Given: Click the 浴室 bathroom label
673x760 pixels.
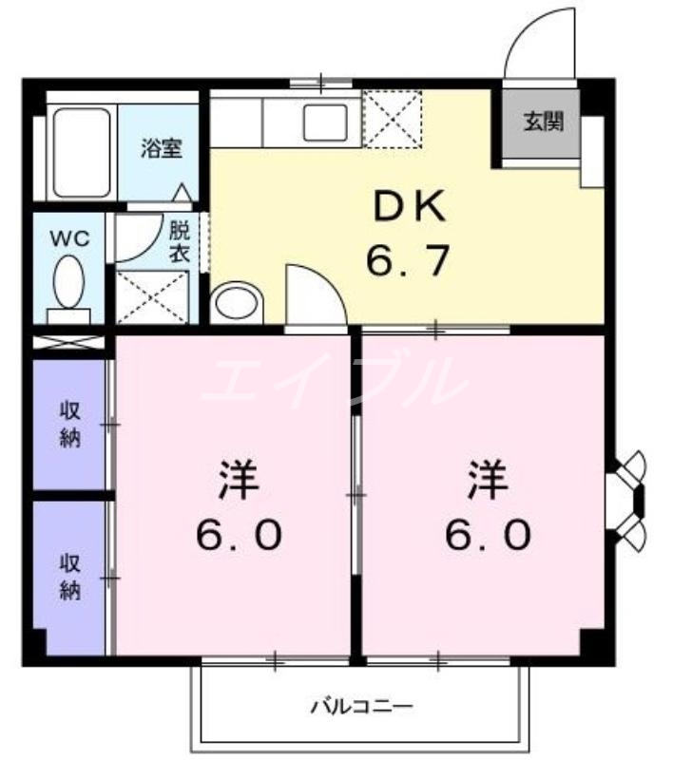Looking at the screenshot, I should pyautogui.click(x=162, y=148).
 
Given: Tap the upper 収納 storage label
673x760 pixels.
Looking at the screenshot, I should pyautogui.click(x=70, y=424).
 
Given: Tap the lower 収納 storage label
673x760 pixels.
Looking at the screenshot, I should pyautogui.click(x=70, y=576).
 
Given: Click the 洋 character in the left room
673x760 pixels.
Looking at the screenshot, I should pyautogui.click(x=239, y=482).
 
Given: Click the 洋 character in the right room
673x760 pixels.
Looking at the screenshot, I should pyautogui.click(x=487, y=482).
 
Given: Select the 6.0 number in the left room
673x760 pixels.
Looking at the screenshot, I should pyautogui.click(x=239, y=537).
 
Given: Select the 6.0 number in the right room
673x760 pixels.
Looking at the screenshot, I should pyautogui.click(x=487, y=537).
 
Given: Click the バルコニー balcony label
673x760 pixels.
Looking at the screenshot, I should pyautogui.click(x=361, y=706).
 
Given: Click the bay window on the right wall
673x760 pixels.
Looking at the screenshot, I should pyautogui.click(x=626, y=499).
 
